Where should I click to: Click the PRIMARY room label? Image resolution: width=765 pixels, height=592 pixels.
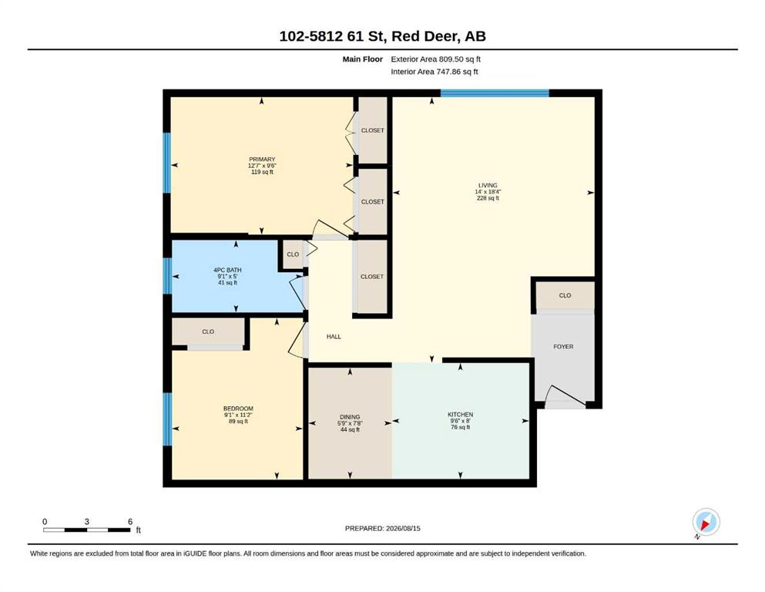(x=262, y=159)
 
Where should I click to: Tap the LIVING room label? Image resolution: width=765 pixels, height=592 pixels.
(x=488, y=186)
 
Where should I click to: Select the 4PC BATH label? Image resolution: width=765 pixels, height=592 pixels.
(x=227, y=270)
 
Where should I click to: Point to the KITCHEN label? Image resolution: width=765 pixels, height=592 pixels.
(x=461, y=415)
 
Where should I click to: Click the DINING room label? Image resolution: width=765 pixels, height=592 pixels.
(x=350, y=417)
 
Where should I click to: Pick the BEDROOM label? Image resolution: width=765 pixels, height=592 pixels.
(x=238, y=409)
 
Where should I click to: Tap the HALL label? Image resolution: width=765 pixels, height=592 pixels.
(x=334, y=336)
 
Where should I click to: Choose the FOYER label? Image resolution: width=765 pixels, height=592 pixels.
(x=563, y=347)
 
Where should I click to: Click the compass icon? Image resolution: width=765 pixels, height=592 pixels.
(x=706, y=522)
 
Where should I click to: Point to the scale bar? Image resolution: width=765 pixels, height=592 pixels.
(x=87, y=530)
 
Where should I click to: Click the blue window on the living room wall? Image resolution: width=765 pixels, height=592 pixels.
(x=495, y=93)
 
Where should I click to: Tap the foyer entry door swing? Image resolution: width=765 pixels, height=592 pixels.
(x=566, y=396)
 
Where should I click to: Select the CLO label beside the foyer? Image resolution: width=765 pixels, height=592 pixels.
(x=565, y=295)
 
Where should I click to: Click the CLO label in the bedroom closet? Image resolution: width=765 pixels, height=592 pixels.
(x=208, y=331)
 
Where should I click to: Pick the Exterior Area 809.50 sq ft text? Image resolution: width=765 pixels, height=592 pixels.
(x=436, y=59)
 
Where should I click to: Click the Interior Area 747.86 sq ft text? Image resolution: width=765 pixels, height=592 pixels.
(x=435, y=72)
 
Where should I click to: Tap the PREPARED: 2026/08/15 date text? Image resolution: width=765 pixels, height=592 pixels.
(x=382, y=528)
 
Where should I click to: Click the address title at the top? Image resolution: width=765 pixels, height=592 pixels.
(x=382, y=36)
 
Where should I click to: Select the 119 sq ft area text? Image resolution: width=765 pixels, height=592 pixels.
(x=262, y=172)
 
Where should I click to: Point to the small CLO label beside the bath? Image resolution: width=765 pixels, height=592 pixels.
(x=293, y=254)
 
